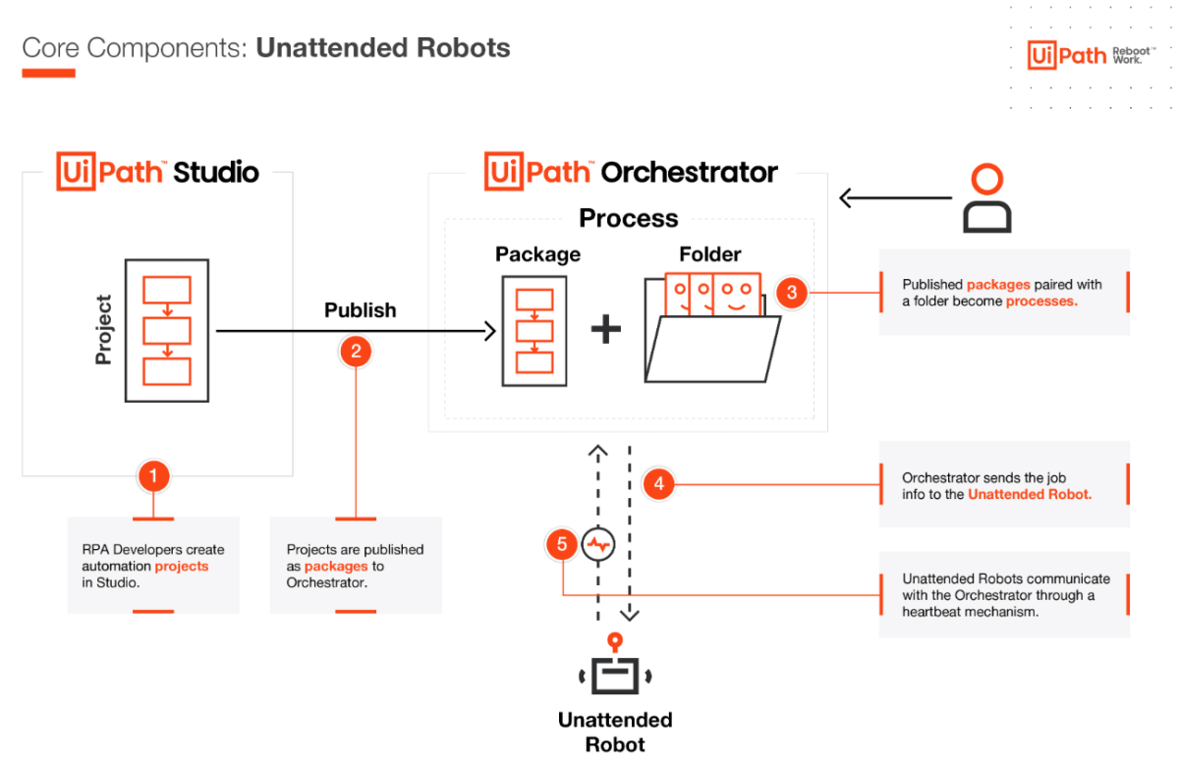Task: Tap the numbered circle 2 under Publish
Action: pos(356,351)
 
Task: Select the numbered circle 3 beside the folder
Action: pos(792,292)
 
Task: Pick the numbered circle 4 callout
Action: pos(658,483)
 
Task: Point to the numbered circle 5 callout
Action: pos(562,545)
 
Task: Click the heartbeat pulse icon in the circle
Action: pos(597,544)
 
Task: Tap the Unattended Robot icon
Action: pos(615,670)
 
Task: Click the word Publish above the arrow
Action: pos(360,310)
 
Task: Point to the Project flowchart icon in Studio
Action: pos(166,330)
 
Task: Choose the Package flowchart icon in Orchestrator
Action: pos(534,330)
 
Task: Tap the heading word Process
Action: pos(628,218)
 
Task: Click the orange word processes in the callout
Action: pos(1041,302)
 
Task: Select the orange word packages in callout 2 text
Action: pos(336,567)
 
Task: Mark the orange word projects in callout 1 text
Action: pos(182,567)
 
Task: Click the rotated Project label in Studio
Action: pos(104,330)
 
